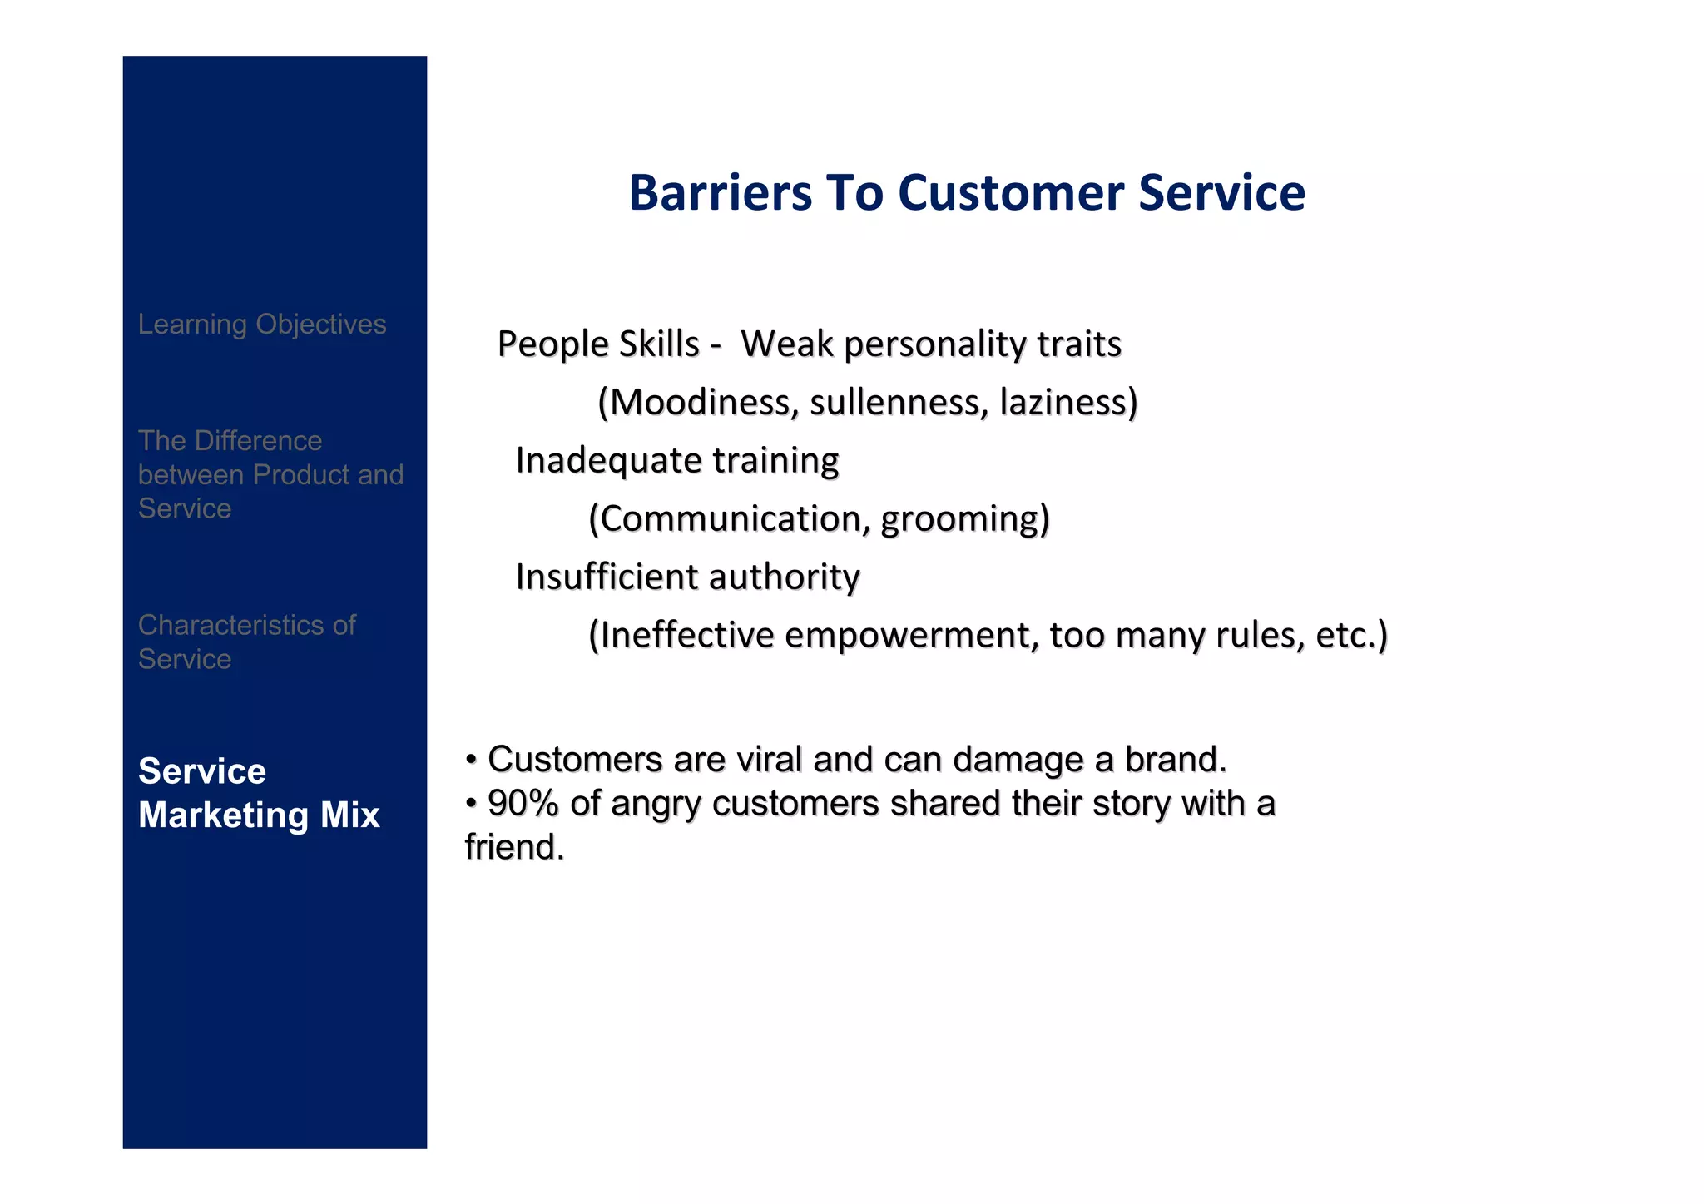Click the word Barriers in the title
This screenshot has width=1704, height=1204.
click(720, 193)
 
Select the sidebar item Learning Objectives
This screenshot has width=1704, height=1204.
click(262, 324)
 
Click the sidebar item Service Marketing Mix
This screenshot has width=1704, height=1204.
click(259, 793)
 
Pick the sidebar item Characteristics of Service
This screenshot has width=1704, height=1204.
click(247, 642)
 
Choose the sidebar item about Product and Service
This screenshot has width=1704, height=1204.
click(270, 474)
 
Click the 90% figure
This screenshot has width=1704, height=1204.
click(523, 804)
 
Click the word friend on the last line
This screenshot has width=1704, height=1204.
click(513, 848)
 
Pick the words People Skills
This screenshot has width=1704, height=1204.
click(598, 344)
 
